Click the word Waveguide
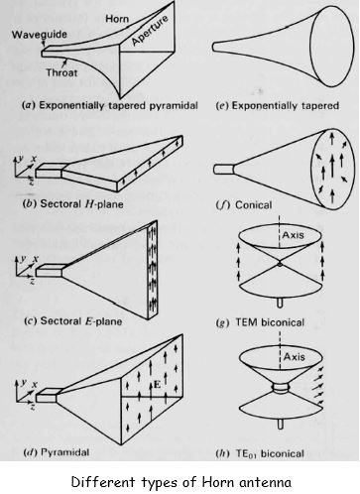(40, 34)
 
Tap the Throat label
(61, 72)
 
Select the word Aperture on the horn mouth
(150, 31)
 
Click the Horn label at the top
(117, 19)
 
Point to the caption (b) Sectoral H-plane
(72, 203)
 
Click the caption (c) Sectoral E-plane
(72, 321)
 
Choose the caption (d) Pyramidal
(56, 452)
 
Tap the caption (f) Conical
(244, 205)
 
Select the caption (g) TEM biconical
(260, 322)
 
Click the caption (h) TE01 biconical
(260, 453)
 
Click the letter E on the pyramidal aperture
(157, 385)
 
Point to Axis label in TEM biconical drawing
(293, 235)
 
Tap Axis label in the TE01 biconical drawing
(294, 357)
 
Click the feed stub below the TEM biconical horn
(280, 303)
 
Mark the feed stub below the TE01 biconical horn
(281, 424)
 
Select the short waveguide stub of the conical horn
(224, 169)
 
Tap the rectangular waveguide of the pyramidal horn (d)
(48, 395)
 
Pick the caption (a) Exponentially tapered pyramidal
(110, 105)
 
